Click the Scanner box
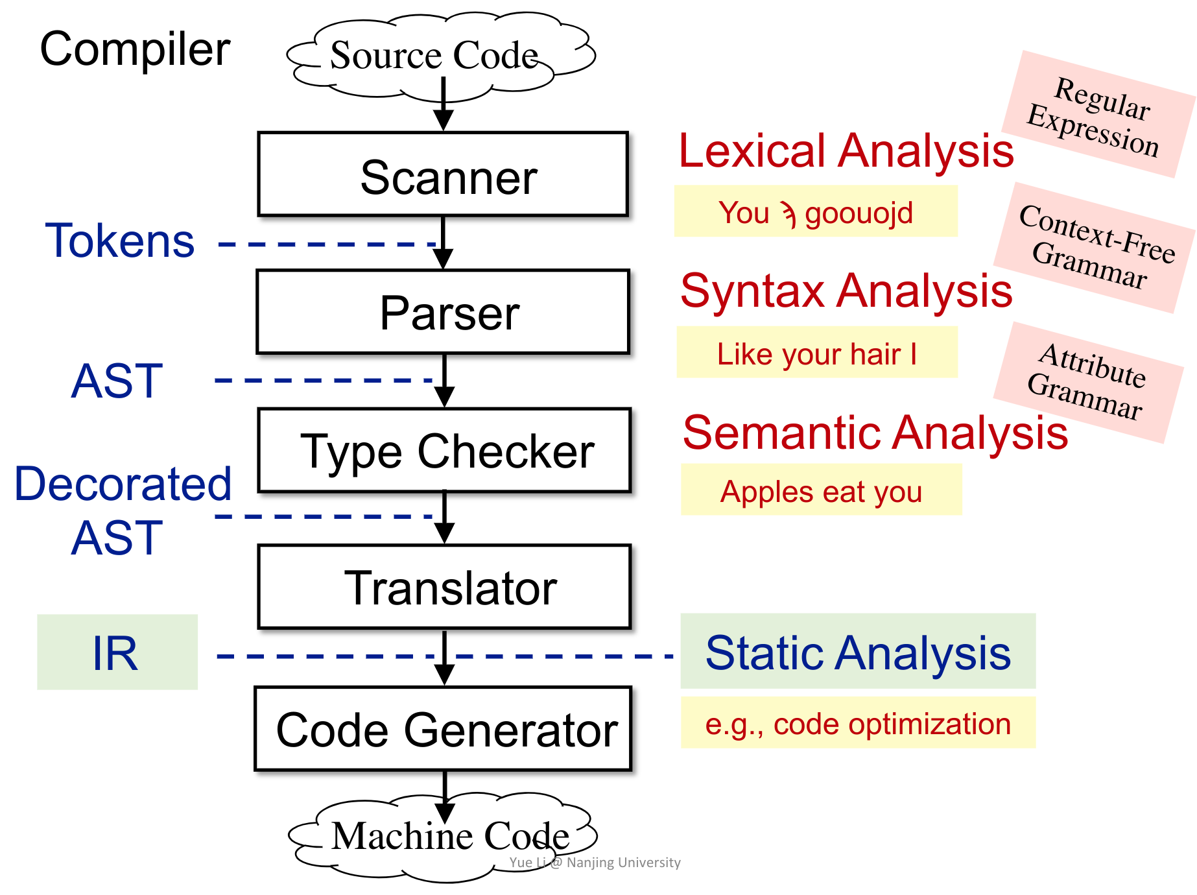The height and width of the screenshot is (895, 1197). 443,174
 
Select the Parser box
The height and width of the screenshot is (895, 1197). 443,312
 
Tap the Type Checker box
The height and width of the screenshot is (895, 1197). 444,450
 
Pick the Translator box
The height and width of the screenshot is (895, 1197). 444,587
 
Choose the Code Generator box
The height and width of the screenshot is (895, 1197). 444,729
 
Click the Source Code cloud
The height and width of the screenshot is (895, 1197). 434,54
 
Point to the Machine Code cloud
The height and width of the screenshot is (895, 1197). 447,837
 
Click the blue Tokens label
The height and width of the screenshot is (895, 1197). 119,241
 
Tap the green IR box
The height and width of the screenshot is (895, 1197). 117,652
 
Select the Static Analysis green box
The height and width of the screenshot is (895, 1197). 857,651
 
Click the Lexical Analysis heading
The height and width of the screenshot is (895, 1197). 846,150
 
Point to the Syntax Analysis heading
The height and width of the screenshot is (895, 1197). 846,291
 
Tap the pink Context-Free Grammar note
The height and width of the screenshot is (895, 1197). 1095,247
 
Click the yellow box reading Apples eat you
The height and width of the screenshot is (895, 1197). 821,490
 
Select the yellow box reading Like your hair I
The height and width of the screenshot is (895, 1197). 816,353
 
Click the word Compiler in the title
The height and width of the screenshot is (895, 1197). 135,49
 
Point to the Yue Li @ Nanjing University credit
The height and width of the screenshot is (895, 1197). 595,863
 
